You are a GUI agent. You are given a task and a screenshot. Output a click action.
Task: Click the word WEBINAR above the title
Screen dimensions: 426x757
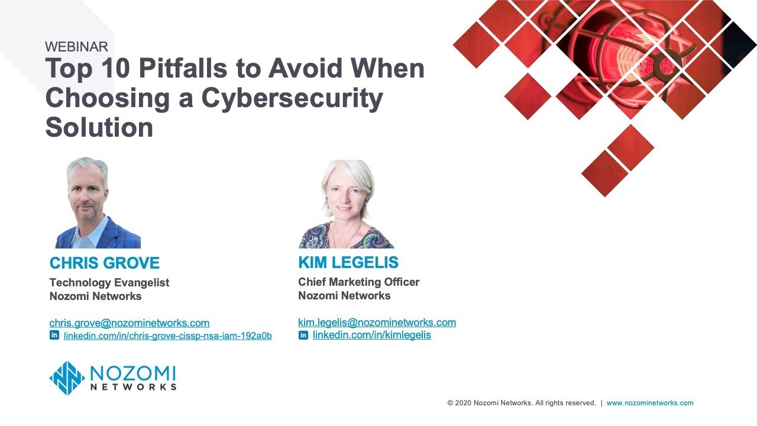coord(76,47)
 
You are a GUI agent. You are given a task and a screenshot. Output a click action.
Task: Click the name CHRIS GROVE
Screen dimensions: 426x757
coord(105,263)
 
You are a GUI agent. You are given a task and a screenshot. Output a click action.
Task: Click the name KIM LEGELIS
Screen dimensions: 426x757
coord(348,263)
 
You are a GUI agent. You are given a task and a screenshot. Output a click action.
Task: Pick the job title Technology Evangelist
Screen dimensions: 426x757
coord(109,283)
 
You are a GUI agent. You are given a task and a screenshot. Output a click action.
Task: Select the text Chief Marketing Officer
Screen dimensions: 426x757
coord(359,282)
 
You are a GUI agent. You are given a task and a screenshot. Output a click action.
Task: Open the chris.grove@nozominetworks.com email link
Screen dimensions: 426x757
coord(130,323)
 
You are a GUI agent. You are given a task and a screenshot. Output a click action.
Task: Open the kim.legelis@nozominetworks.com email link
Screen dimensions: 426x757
coord(377,322)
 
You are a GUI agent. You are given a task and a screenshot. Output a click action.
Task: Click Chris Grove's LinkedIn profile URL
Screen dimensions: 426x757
coord(167,336)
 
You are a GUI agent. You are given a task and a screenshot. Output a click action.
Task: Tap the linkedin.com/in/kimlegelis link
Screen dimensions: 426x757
coord(371,335)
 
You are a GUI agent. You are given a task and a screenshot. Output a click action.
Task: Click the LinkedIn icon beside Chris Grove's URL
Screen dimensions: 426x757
coord(54,335)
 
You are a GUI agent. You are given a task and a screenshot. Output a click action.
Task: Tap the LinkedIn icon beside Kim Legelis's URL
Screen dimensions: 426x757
coord(303,335)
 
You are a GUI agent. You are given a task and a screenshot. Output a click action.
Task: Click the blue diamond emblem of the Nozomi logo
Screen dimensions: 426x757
coord(67,378)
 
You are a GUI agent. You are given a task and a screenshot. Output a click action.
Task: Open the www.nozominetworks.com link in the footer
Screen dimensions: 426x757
coord(649,403)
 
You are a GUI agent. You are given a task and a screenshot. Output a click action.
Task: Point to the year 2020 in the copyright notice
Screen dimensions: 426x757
coord(463,403)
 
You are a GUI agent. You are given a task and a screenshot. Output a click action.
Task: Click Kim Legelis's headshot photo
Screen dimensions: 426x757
coord(346,204)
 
